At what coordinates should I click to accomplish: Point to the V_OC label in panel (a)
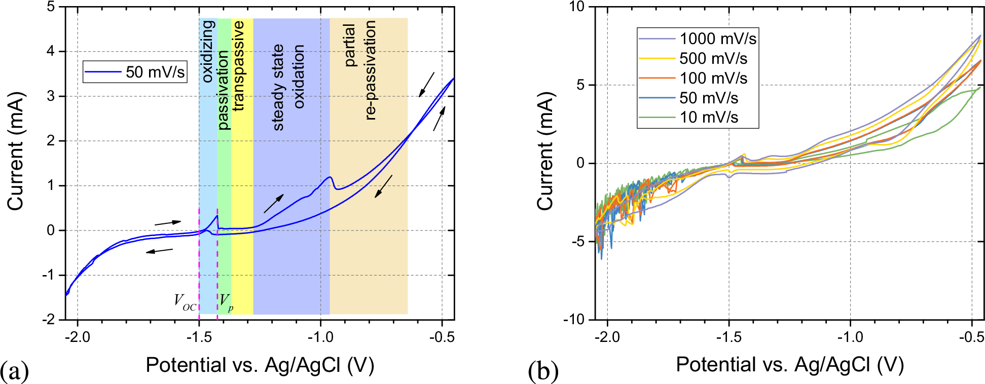click(185, 301)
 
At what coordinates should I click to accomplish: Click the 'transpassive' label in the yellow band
click(239, 65)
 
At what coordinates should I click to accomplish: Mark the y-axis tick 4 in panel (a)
click(51, 52)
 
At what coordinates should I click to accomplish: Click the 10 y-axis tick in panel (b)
click(577, 7)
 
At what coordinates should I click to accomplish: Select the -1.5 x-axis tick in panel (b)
click(729, 337)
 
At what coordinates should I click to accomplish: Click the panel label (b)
click(543, 371)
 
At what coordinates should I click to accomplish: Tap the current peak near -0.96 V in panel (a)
click(331, 177)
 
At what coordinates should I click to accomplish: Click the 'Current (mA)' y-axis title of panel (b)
click(545, 151)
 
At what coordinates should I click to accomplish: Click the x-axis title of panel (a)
click(260, 365)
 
